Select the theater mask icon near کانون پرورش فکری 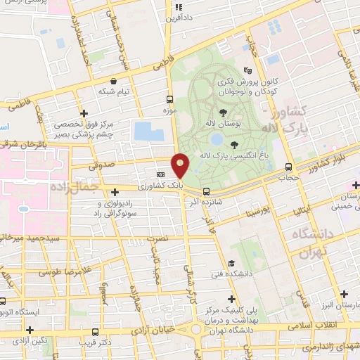(x=247, y=70)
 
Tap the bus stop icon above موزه (x=169, y=99)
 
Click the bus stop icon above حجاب (x=288, y=167)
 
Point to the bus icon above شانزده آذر (x=206, y=191)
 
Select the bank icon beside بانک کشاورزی (x=161, y=174)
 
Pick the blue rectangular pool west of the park (x=147, y=131)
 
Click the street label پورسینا (x=257, y=210)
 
